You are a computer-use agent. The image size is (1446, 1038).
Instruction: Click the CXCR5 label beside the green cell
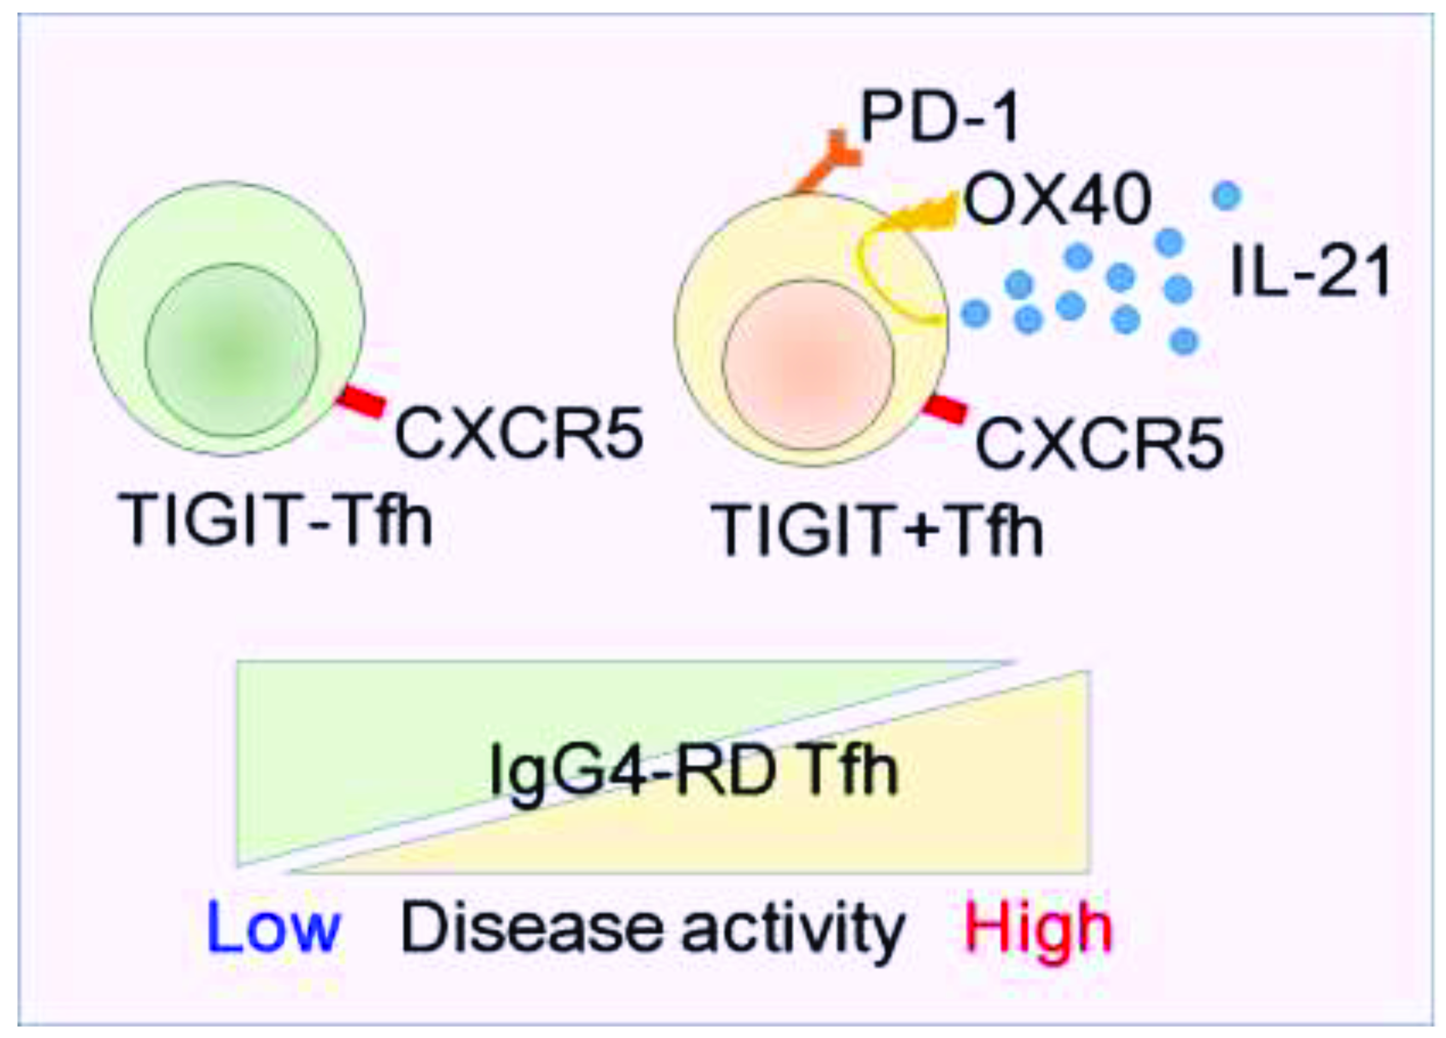[x=519, y=435]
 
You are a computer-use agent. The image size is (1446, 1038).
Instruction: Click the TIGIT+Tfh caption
[x=877, y=529]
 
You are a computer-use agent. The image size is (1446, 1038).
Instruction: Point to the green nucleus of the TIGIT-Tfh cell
[x=231, y=349]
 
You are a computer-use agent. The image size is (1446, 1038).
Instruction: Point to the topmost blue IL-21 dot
[x=1226, y=195]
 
